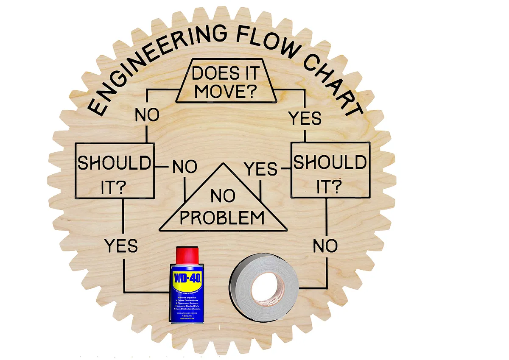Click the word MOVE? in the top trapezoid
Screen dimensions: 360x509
[225, 91]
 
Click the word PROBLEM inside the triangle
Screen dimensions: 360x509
[222, 218]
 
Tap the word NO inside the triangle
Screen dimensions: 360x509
[223, 197]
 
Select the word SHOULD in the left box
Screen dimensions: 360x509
[115, 163]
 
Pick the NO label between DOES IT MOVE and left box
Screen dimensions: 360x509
[147, 115]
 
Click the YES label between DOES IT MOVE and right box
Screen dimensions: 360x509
[305, 118]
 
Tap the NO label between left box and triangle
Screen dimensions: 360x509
[185, 167]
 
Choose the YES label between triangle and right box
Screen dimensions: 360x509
[261, 170]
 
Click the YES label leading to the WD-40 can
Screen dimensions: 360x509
[121, 246]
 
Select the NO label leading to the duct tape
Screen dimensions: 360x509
[325, 246]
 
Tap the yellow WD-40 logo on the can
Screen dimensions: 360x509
[187, 279]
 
